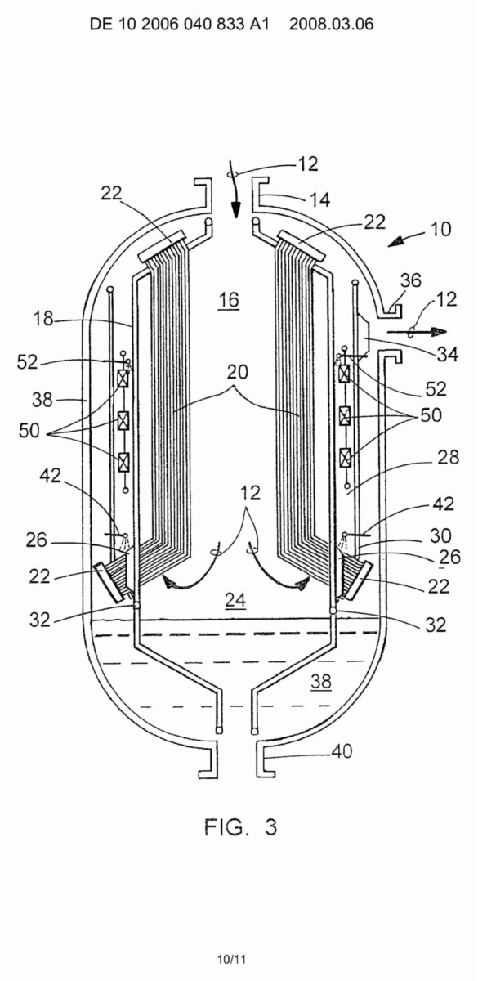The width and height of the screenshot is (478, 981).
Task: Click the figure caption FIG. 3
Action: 240,827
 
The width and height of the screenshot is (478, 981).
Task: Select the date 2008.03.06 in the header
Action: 332,24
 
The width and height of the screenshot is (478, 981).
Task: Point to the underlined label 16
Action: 229,300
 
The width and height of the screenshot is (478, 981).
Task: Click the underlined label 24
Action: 235,600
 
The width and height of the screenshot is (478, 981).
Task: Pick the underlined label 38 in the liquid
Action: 321,681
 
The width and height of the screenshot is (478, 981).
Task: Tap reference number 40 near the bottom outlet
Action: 342,751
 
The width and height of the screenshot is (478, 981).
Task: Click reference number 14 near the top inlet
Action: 320,199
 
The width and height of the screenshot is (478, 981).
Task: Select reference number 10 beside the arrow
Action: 440,229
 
